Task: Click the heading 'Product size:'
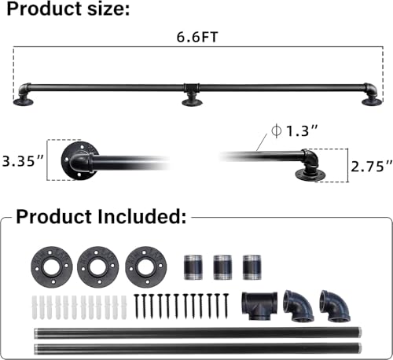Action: coord(65,10)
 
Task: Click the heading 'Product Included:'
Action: coord(101,216)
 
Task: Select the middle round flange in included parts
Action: coord(96,264)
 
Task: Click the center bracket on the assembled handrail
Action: coord(191,93)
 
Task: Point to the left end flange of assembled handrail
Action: coord(24,97)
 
